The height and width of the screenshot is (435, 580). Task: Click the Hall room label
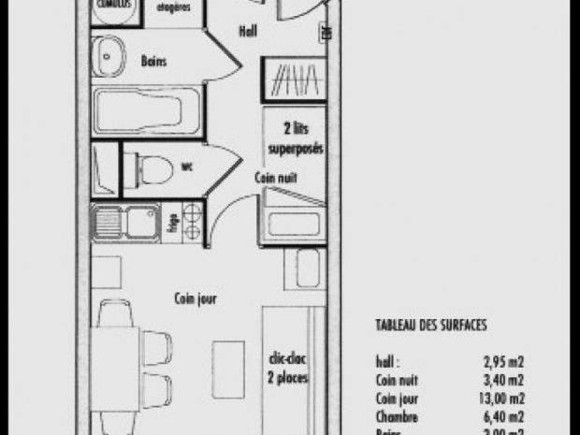247,31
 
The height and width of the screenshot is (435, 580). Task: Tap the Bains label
155,62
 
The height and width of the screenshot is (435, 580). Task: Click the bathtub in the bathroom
147,111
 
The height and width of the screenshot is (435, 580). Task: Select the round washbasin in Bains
109,53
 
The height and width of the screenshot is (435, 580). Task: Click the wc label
186,167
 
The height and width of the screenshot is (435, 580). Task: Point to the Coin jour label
196,299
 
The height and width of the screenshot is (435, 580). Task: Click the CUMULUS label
116,4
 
